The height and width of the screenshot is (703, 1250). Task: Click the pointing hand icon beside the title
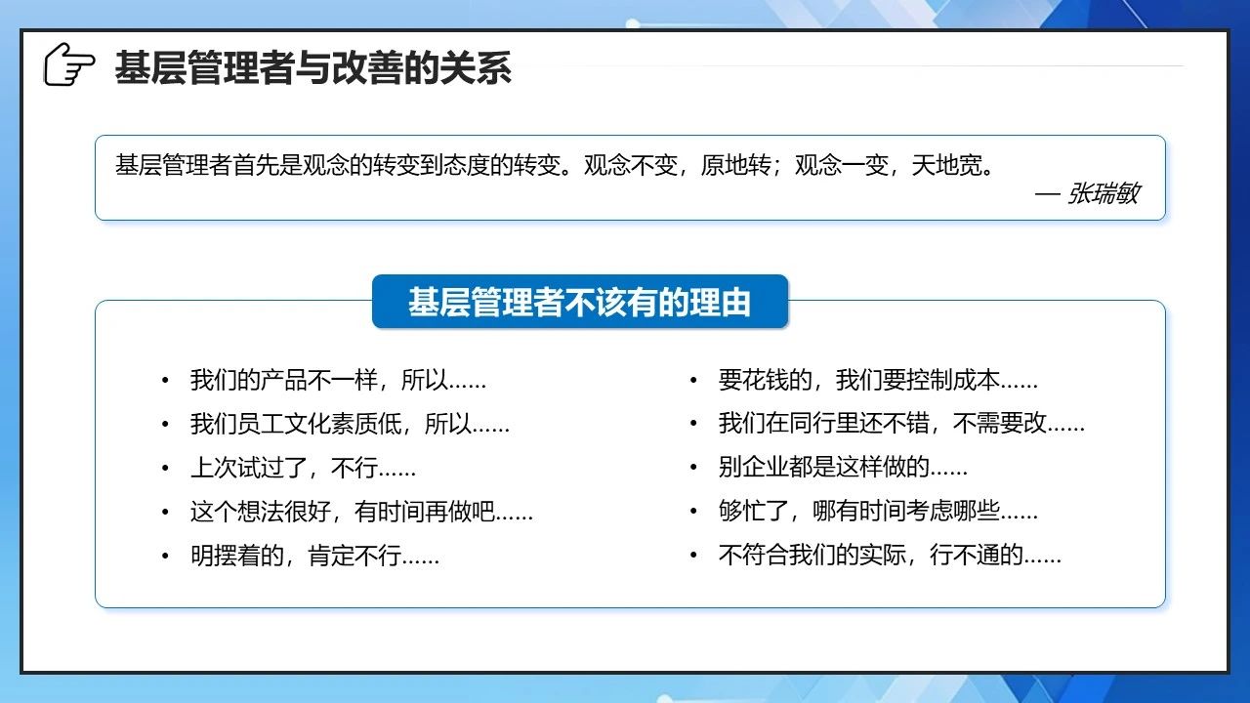click(69, 64)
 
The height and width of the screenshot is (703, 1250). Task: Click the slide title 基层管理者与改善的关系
click(313, 68)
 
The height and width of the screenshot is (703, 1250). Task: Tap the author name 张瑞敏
click(1103, 193)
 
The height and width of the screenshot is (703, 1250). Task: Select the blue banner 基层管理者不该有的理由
click(580, 302)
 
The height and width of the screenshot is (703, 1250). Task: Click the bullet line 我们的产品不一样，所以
click(338, 380)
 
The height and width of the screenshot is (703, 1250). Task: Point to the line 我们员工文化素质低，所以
click(350, 424)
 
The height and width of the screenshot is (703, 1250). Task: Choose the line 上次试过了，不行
click(303, 467)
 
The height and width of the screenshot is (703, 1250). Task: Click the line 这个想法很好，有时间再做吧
click(361, 511)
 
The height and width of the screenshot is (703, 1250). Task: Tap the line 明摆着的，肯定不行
click(314, 556)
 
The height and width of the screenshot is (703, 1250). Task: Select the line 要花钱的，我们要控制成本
click(878, 380)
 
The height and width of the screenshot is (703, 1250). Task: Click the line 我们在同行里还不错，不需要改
click(901, 424)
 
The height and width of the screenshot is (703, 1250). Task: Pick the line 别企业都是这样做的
click(843, 467)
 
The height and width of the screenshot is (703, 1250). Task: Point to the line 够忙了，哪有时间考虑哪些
click(878, 511)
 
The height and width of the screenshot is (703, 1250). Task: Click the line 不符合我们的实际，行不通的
click(890, 556)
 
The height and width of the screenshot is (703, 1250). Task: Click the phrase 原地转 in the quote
click(735, 165)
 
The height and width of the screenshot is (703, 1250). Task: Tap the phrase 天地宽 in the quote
click(946, 165)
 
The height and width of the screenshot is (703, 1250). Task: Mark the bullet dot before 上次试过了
click(165, 468)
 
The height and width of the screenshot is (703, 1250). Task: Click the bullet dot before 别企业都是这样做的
click(693, 468)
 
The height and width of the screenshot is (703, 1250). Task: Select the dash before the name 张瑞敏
click(1048, 194)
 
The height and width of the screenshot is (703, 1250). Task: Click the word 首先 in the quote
click(256, 165)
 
